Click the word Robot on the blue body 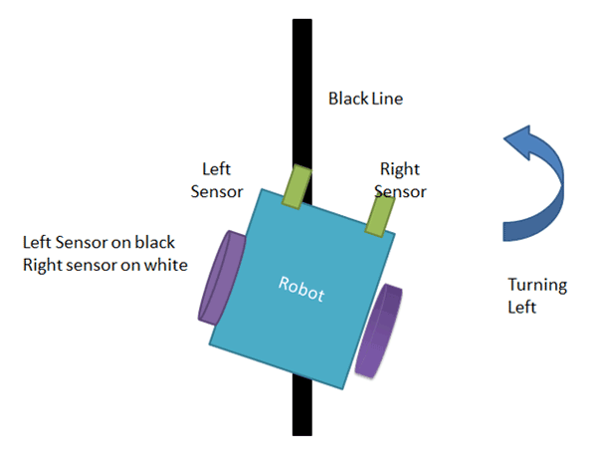301,291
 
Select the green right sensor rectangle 379,215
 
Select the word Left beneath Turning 521,308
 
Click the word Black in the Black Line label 347,99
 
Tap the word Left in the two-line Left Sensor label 216,168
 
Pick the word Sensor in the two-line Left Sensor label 216,189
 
